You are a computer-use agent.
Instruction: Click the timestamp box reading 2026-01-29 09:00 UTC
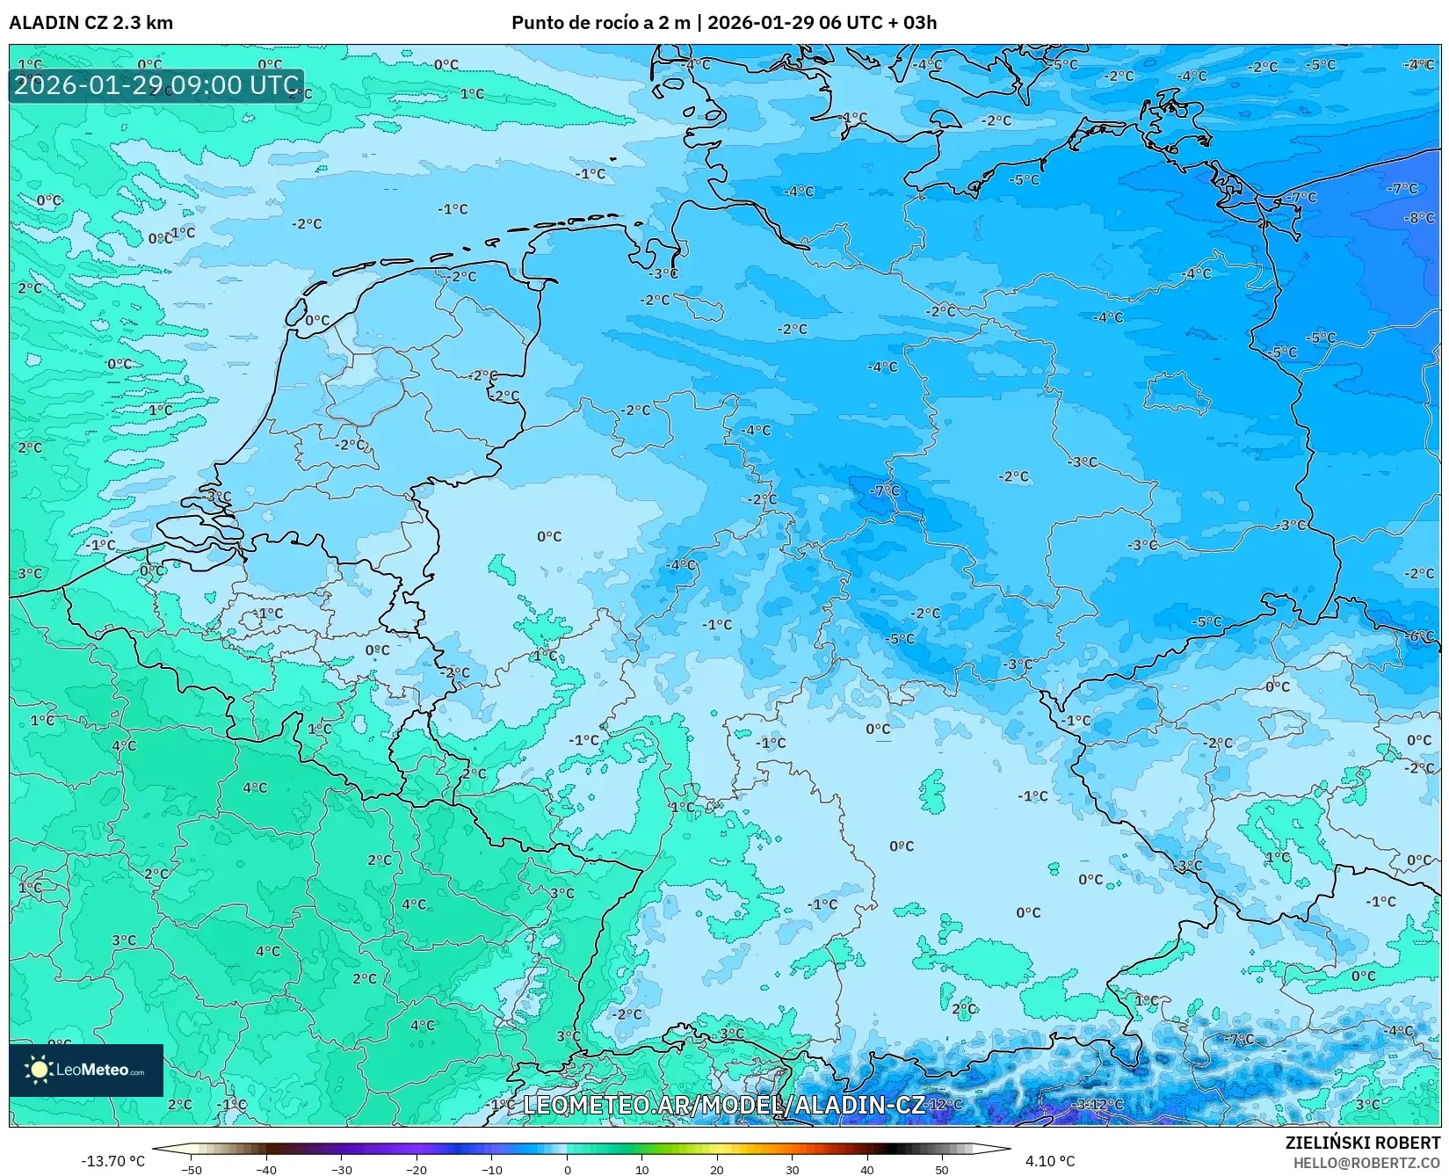[156, 85]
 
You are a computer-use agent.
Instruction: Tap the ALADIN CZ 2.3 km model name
[91, 23]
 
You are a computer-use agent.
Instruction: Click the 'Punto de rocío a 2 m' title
[601, 23]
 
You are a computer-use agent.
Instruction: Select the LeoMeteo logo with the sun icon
[86, 1070]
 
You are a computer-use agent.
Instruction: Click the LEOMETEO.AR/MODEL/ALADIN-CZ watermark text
[723, 1104]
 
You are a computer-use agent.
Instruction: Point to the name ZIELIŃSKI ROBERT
[1362, 1143]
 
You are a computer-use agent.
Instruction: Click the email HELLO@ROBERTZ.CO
[1366, 1162]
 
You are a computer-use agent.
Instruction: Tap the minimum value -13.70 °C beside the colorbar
[112, 1161]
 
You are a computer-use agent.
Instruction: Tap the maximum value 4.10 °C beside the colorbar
[1049, 1161]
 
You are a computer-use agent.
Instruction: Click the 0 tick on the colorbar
[567, 1169]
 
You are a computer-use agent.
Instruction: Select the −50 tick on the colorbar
[191, 1169]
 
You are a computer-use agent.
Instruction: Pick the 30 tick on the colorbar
[792, 1169]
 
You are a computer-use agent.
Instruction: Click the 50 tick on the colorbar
[942, 1169]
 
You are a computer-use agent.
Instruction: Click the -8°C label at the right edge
[1419, 217]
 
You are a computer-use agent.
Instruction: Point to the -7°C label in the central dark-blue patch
[884, 490]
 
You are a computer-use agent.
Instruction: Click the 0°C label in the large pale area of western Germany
[549, 536]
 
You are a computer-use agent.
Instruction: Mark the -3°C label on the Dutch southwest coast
[218, 496]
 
